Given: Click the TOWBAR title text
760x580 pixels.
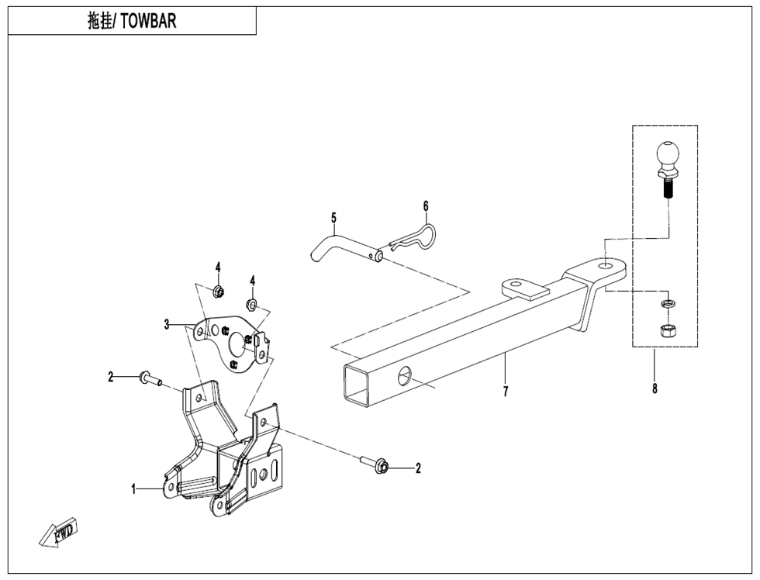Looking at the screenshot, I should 132,21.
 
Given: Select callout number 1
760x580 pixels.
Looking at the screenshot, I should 134,489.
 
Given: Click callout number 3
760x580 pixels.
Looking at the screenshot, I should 166,325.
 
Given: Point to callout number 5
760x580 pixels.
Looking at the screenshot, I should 333,217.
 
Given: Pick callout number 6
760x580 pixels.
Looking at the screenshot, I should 426,206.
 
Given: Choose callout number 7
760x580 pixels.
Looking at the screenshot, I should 505,392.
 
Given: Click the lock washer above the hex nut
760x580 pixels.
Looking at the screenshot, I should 665,302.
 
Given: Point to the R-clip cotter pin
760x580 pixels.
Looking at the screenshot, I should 415,237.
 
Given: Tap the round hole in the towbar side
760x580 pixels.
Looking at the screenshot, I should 406,378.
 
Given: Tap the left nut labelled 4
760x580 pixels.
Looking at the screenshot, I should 218,292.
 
